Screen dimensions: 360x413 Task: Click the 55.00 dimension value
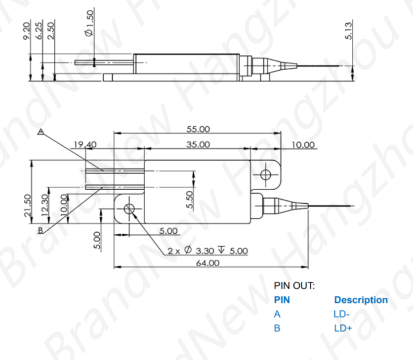(198, 129)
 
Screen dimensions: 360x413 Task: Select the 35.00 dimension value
(198, 144)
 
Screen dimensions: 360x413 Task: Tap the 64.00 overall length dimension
(207, 263)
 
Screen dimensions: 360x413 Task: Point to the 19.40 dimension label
(84, 145)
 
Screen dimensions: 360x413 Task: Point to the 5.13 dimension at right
(349, 29)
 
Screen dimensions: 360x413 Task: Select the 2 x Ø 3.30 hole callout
(207, 251)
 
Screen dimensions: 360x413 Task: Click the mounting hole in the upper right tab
(266, 173)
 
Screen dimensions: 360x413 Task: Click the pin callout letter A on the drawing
(40, 131)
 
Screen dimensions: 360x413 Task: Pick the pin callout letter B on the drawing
(40, 230)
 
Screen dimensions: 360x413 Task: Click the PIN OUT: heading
(294, 286)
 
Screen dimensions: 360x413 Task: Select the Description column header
(361, 300)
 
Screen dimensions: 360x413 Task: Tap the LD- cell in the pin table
(342, 314)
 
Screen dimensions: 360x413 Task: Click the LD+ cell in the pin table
(343, 328)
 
